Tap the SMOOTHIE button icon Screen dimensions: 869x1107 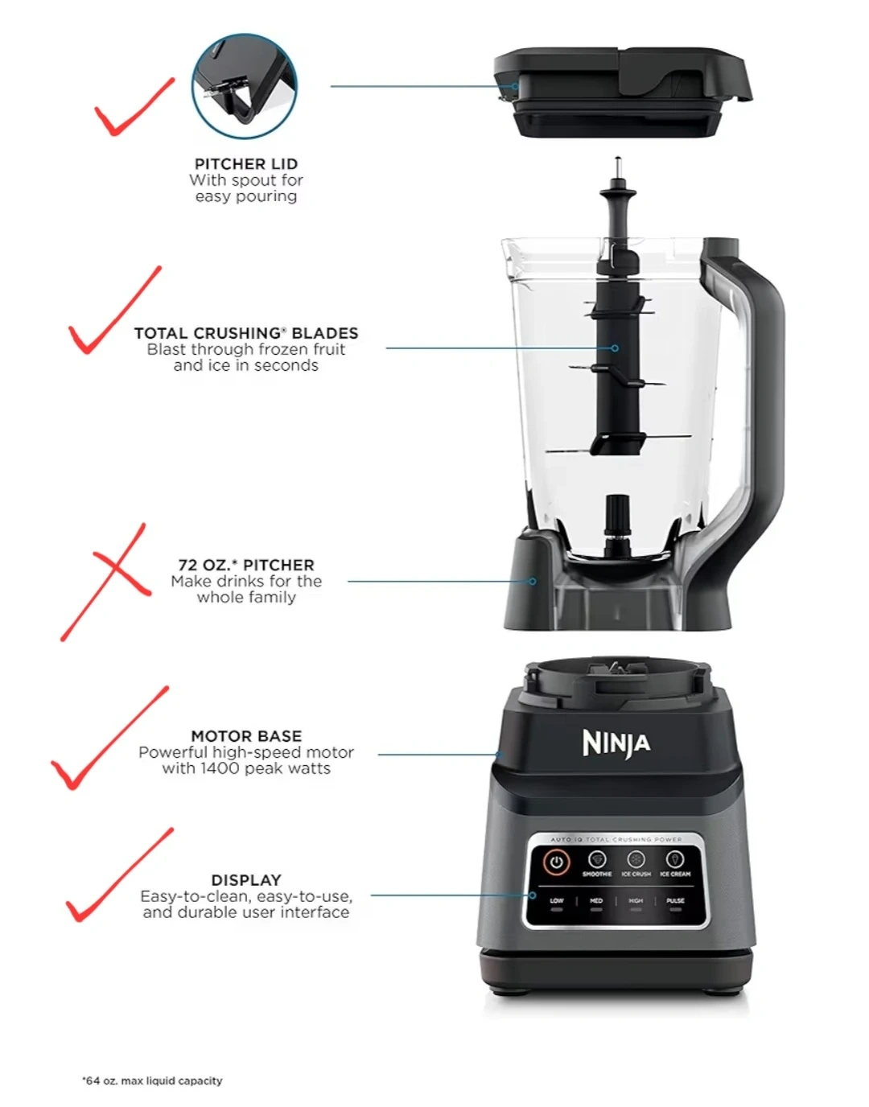[x=596, y=859]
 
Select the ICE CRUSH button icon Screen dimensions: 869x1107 [x=636, y=859]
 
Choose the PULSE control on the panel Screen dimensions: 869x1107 [x=675, y=903]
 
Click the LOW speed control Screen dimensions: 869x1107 [x=556, y=903]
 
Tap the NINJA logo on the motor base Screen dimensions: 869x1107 [x=616, y=744]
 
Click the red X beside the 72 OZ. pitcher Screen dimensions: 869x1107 [x=105, y=582]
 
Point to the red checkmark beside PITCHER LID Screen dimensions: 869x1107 [x=134, y=106]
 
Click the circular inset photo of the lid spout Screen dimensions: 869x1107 [x=245, y=87]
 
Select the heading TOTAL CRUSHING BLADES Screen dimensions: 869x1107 [x=246, y=333]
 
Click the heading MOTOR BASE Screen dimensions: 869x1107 [x=246, y=735]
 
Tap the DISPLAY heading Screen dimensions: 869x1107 [x=246, y=880]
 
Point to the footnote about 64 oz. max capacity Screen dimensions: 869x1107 [x=152, y=1080]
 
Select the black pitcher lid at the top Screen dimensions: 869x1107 [x=623, y=93]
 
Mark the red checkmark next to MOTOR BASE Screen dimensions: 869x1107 [x=109, y=738]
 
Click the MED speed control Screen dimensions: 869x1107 [x=596, y=903]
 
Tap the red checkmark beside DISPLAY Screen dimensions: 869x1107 [x=120, y=874]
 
